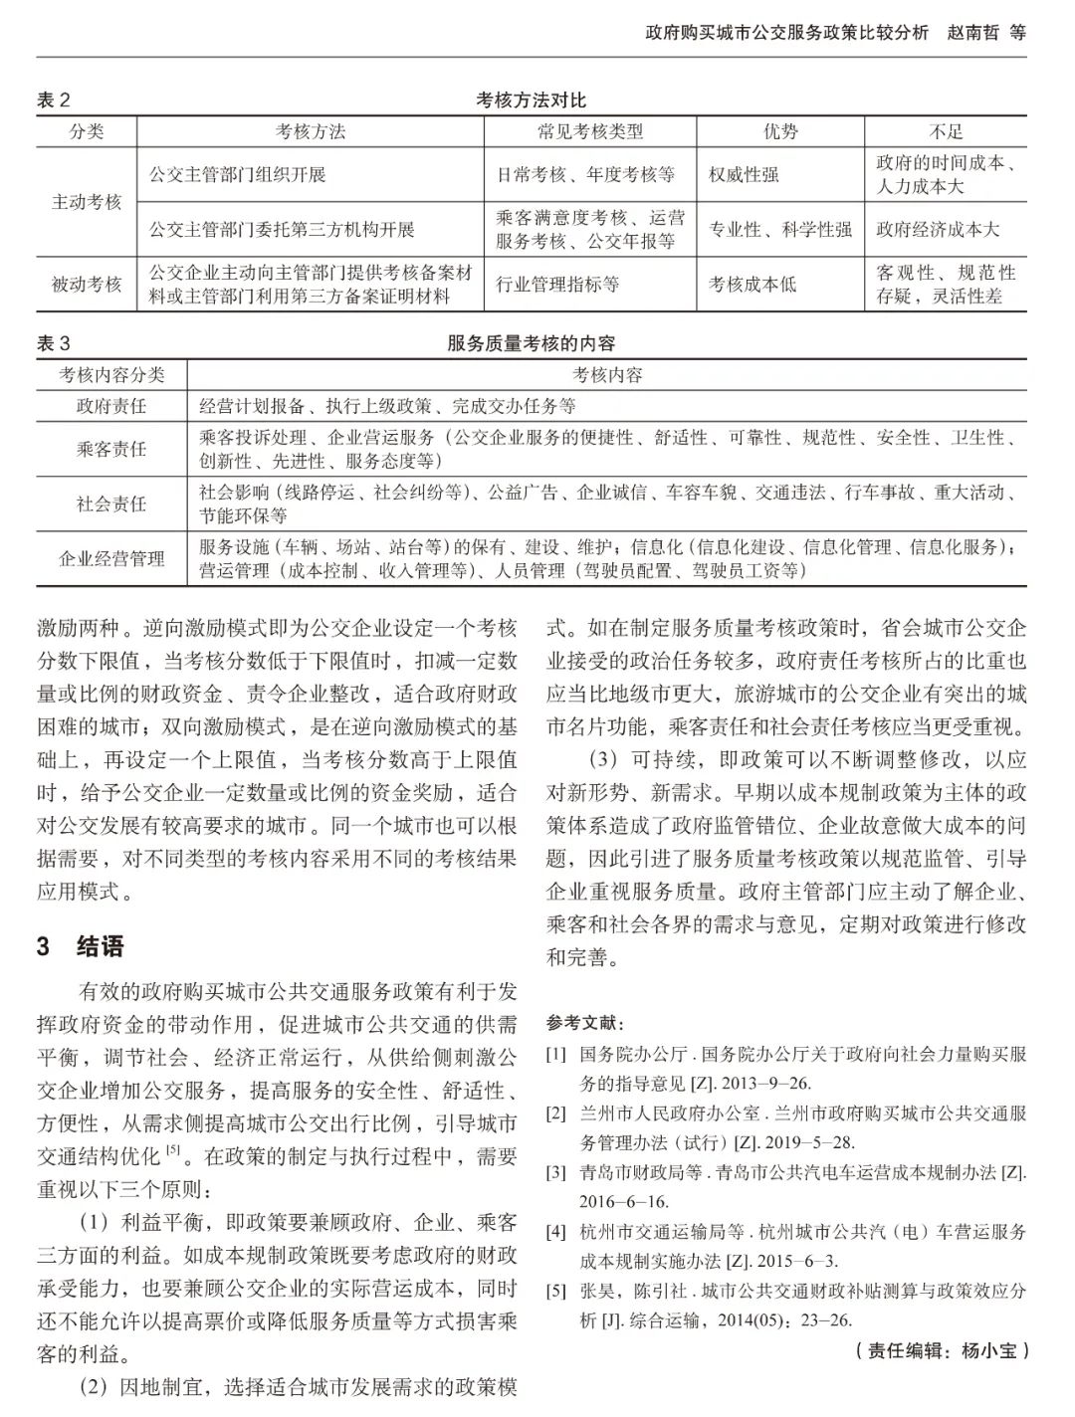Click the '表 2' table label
pos(54,101)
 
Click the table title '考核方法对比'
pos(532,101)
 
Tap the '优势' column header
pos(780,131)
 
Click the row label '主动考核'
pos(87,202)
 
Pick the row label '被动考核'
pos(87,285)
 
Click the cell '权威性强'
pos(744,175)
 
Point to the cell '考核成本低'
pos(752,285)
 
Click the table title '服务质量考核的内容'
pos(532,344)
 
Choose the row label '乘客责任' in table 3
pos(111,449)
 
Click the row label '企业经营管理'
pos(111,559)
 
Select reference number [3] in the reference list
pos(555,1173)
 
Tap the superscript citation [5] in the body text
pos(173,1150)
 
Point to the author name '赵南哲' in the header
pos(964,32)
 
